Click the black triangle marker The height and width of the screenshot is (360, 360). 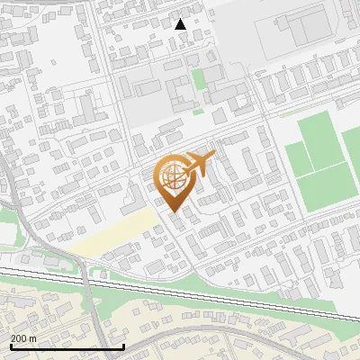[x=180, y=24]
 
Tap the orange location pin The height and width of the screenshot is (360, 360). [x=174, y=184]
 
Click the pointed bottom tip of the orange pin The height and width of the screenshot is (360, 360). [x=174, y=211]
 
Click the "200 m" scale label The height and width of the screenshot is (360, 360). [x=23, y=338]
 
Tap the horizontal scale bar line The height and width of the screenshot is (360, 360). [x=67, y=346]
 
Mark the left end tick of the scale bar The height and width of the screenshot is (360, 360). [x=11, y=345]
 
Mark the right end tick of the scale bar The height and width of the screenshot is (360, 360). [x=123, y=345]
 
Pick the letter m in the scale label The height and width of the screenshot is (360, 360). [x=32, y=338]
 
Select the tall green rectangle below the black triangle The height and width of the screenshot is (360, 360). [x=199, y=79]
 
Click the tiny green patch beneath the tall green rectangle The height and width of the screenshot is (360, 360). [x=198, y=112]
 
